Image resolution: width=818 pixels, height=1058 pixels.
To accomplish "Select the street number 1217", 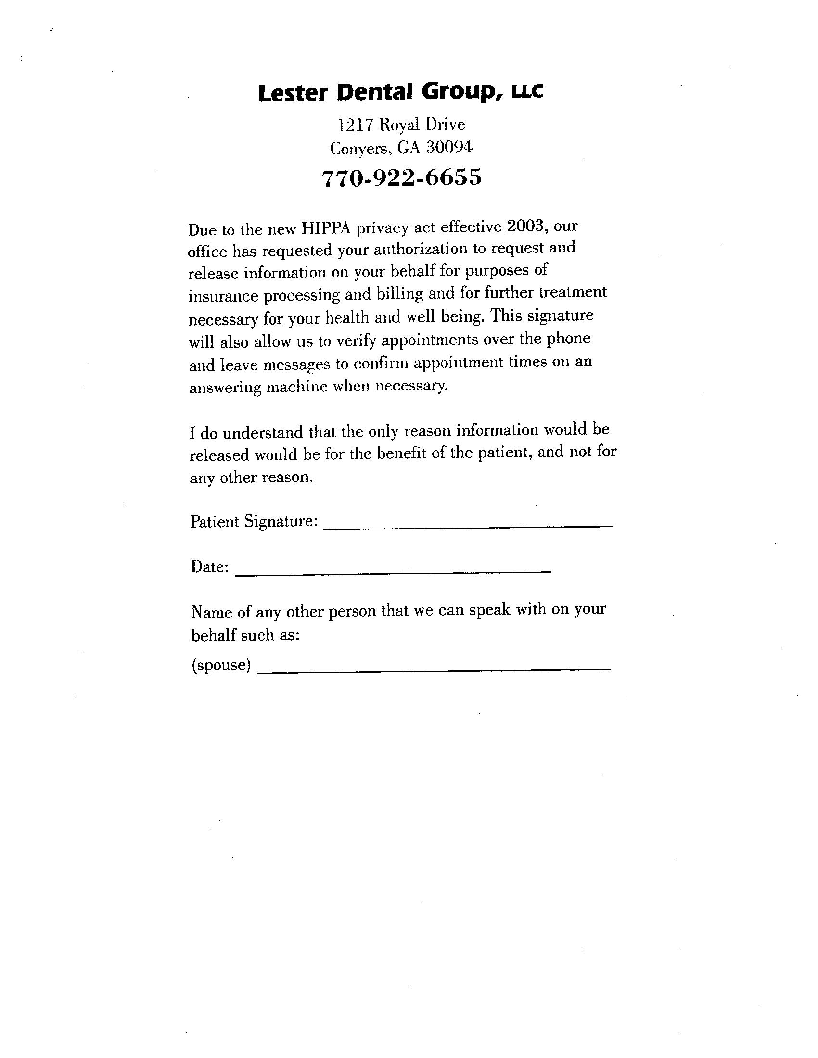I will point(355,125).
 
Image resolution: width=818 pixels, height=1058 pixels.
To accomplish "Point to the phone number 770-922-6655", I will point(402,177).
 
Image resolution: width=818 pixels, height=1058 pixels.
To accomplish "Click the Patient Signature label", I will point(254,521).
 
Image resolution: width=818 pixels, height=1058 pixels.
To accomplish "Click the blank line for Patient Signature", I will point(468,525).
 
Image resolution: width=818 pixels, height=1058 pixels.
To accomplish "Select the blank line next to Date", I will point(393,572).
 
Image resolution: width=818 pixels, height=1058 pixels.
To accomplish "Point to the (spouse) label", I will point(221,665).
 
